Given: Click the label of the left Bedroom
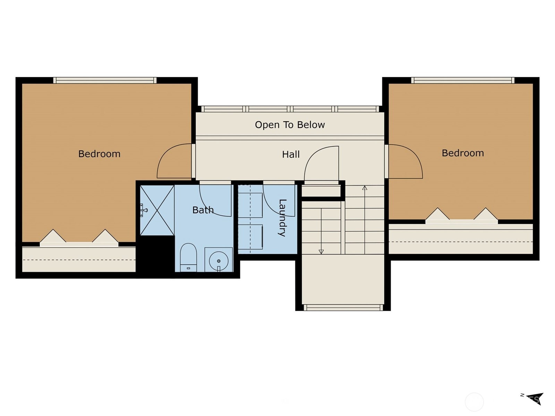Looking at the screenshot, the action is pyautogui.click(x=99, y=154).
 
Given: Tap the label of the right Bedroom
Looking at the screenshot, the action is pyautogui.click(x=463, y=153).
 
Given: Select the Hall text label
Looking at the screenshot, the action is pyautogui.click(x=291, y=154).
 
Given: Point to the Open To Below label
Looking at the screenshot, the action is pyautogui.click(x=290, y=125).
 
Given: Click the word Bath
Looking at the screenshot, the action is pyautogui.click(x=203, y=210).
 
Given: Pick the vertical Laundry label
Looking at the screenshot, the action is pyautogui.click(x=282, y=218).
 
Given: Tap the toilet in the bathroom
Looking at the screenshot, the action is pyautogui.click(x=188, y=257).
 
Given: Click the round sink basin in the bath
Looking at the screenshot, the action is pyautogui.click(x=219, y=261).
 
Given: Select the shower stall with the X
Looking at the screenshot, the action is pyautogui.click(x=157, y=210).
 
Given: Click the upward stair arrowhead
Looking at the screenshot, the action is pyautogui.click(x=365, y=188).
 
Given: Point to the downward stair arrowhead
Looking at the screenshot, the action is pyautogui.click(x=321, y=252).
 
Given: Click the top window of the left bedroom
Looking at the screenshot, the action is pyautogui.click(x=105, y=80).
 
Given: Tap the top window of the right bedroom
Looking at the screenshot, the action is pyautogui.click(x=463, y=80).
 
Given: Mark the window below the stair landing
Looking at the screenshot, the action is pyautogui.click(x=343, y=307).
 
